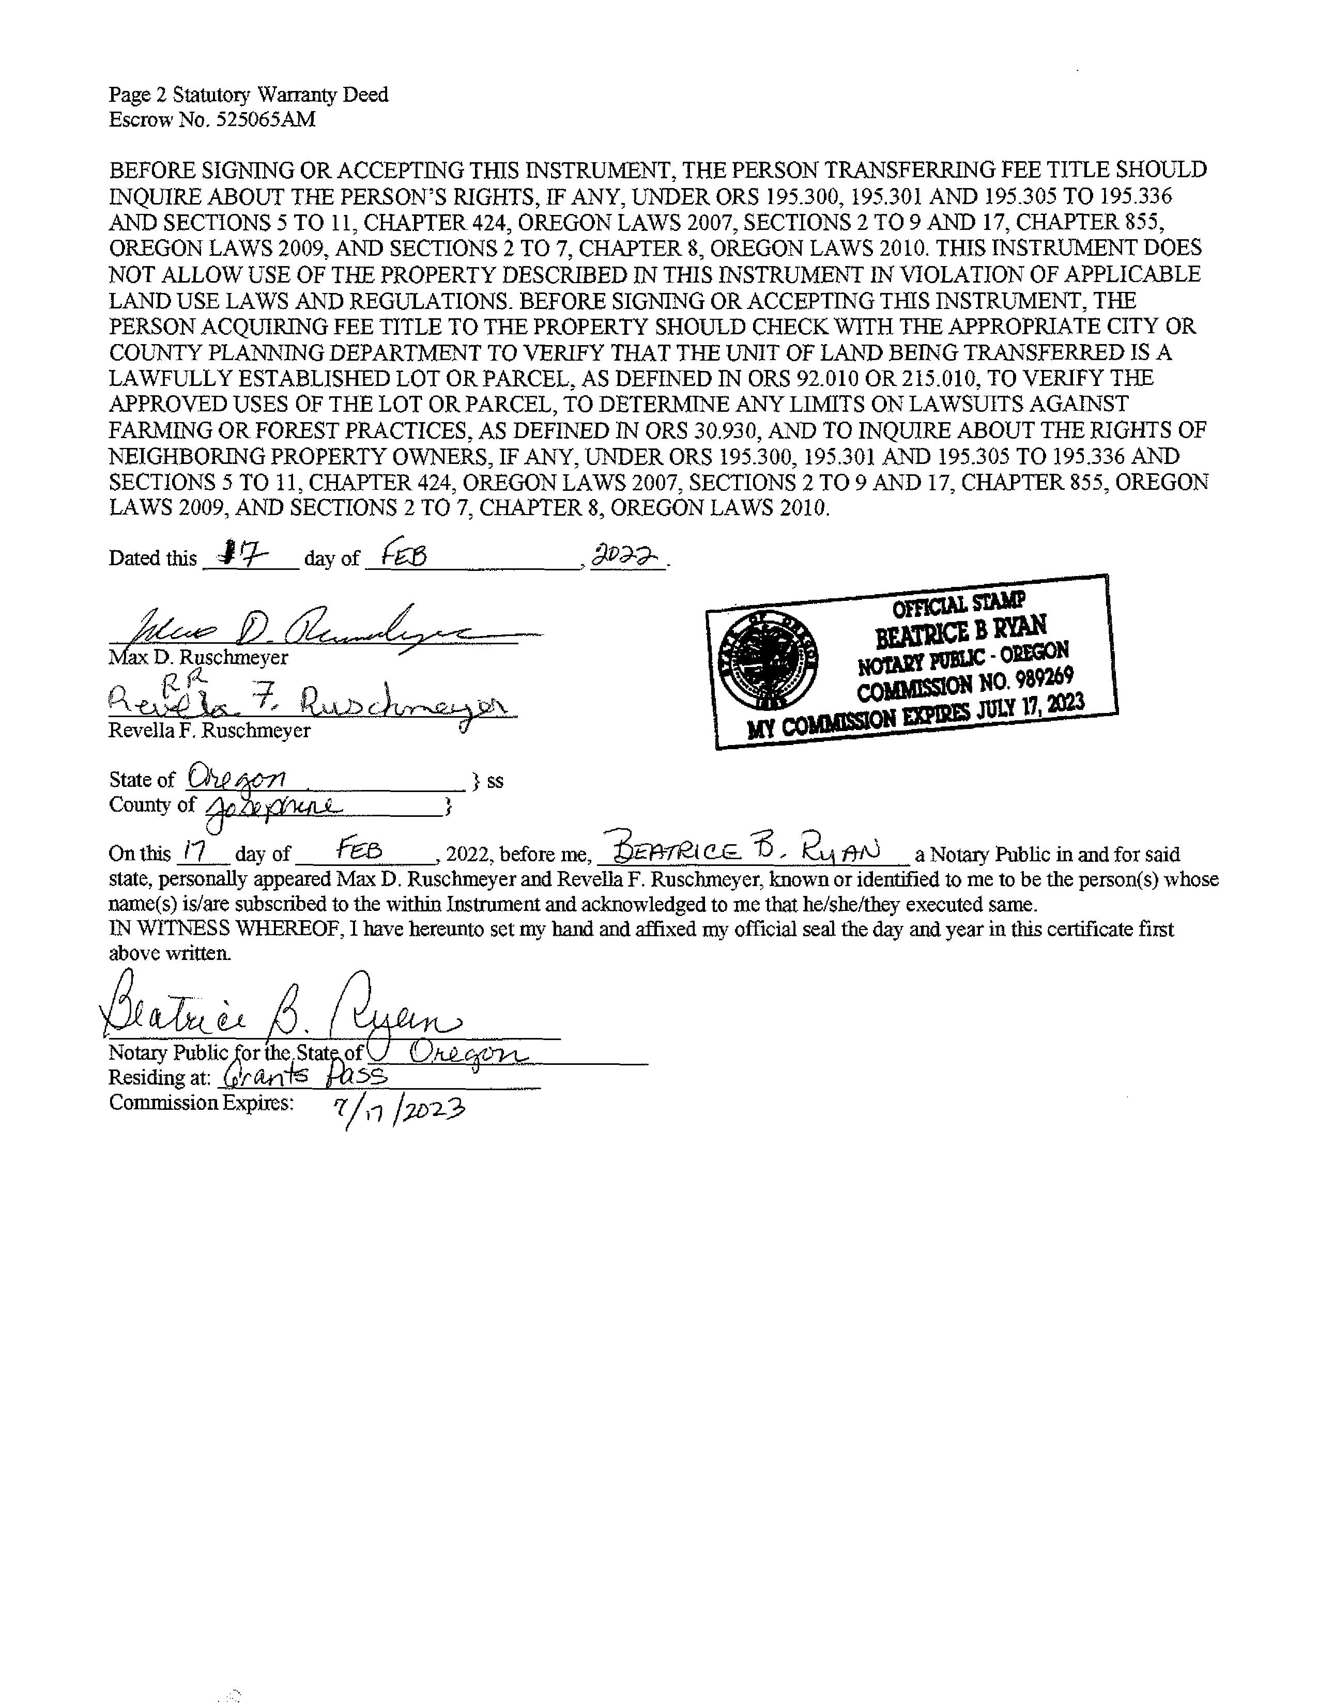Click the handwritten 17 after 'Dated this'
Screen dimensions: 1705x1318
pos(245,554)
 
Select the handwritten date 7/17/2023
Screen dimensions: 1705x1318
pos(398,1108)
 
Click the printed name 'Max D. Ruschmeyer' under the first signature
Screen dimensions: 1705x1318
pos(198,657)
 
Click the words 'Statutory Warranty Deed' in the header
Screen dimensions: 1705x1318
pos(280,95)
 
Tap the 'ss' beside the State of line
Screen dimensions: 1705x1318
pos(495,781)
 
